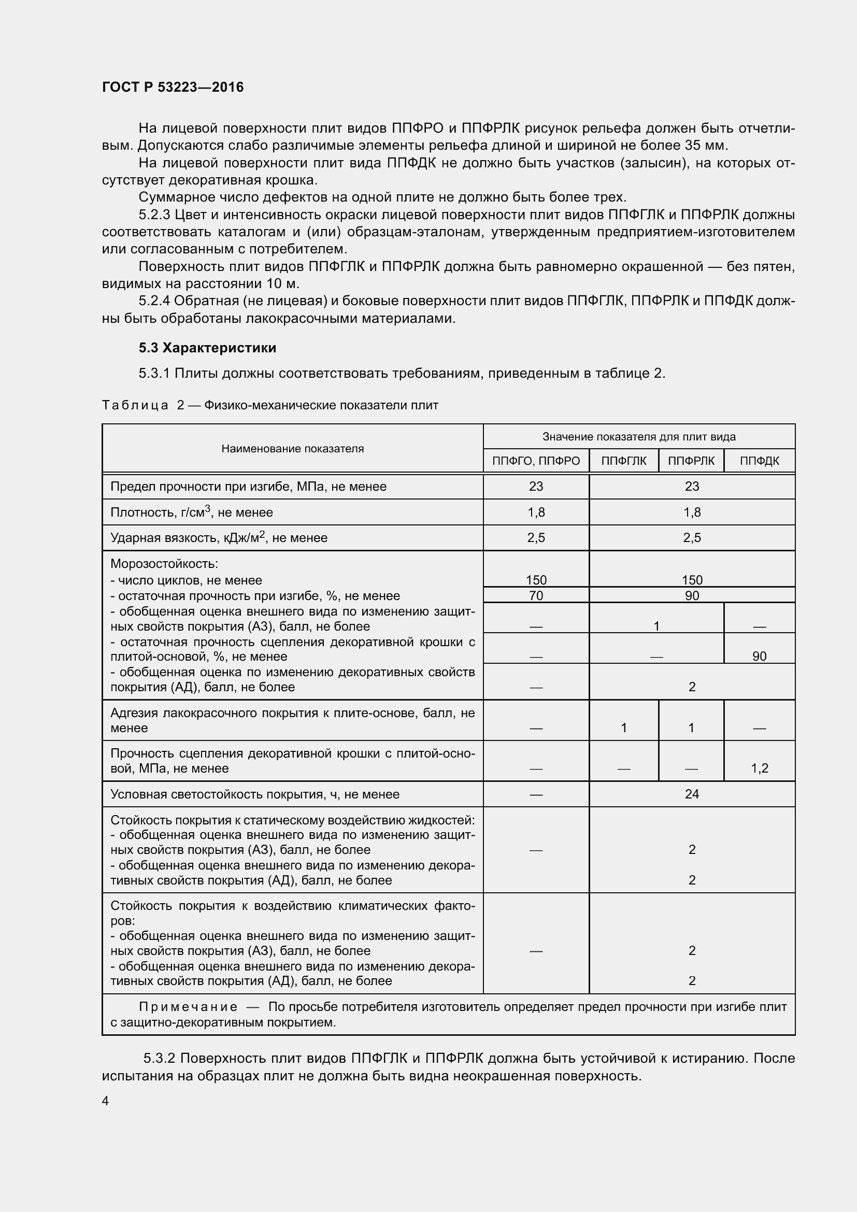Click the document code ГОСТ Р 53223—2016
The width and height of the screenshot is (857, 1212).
click(x=173, y=87)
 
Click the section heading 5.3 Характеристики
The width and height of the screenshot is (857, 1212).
click(x=207, y=347)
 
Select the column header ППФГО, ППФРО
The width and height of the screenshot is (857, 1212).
click(x=536, y=461)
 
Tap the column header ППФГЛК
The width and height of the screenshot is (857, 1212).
click(x=623, y=461)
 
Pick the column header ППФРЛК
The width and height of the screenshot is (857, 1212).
click(x=691, y=461)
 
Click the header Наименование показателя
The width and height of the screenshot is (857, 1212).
click(x=292, y=449)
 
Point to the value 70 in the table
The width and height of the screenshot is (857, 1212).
click(x=536, y=595)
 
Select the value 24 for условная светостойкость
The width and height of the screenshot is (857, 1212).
click(x=691, y=794)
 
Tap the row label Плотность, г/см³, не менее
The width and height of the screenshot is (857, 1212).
click(x=192, y=512)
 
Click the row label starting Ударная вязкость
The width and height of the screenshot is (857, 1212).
click(x=219, y=538)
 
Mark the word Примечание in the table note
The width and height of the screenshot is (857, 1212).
click(x=188, y=1007)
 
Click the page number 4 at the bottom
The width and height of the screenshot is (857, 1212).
click(x=106, y=1101)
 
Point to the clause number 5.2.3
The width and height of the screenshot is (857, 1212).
click(x=154, y=215)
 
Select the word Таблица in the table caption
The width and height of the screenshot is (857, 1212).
click(x=135, y=405)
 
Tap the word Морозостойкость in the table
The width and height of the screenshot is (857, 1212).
click(x=164, y=564)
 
